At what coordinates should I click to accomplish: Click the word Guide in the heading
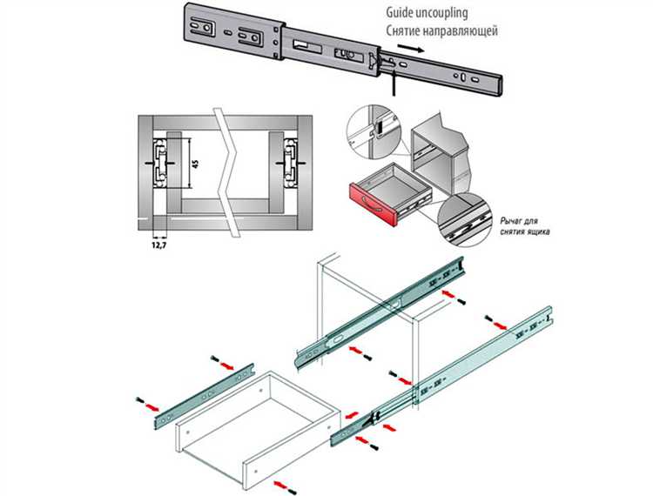[404, 14]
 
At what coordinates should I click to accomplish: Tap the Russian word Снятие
[407, 32]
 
